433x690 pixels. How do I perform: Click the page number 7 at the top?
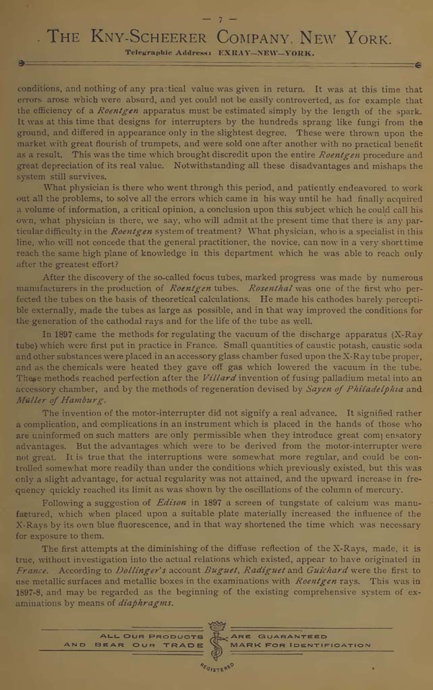coord(219,20)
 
